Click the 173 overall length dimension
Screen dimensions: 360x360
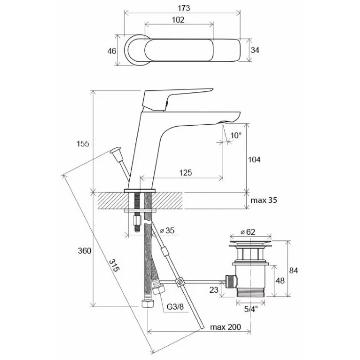coord(184,8)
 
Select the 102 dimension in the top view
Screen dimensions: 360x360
coord(178,20)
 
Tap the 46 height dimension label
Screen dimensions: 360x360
coord(112,51)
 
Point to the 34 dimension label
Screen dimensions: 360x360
coord(255,50)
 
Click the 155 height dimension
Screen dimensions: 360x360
coord(83,144)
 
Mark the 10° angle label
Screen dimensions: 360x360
coord(236,135)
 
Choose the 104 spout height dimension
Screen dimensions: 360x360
coord(254,159)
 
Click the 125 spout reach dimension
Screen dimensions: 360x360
coord(185,172)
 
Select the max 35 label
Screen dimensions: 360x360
coord(264,200)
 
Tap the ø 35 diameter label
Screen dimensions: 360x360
coord(167,230)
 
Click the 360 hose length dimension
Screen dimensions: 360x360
coord(85,251)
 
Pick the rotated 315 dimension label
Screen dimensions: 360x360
coord(114,265)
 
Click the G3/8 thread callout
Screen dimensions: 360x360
coord(175,307)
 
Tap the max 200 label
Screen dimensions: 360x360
coord(226,327)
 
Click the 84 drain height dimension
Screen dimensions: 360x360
coord(293,270)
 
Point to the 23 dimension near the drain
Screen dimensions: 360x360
coord(214,290)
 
